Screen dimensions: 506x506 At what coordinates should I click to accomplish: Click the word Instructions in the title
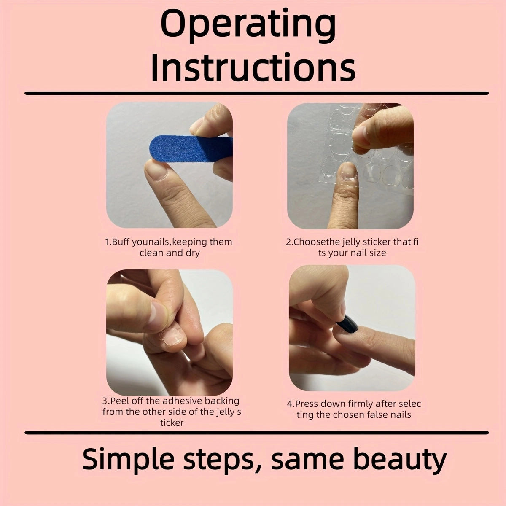(x=253, y=67)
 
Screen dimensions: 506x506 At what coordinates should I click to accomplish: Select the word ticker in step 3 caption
(x=172, y=423)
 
